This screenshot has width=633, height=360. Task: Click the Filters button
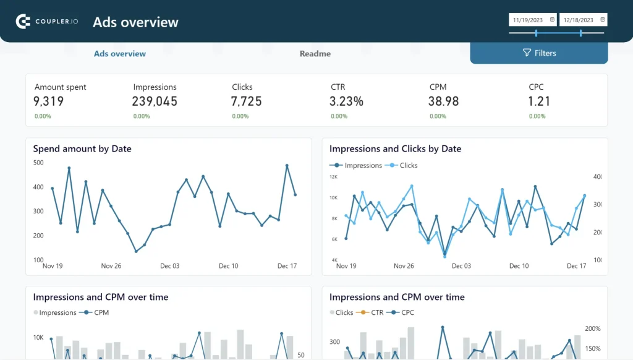(x=539, y=53)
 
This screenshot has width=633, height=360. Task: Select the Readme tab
(x=315, y=54)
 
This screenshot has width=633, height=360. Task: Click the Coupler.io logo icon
(x=23, y=22)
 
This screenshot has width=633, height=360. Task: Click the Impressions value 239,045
(x=155, y=101)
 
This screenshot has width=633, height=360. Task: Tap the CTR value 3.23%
(x=346, y=101)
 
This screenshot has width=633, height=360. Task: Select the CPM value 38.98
(x=444, y=101)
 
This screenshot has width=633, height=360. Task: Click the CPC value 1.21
(x=539, y=101)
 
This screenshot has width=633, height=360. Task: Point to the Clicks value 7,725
(x=247, y=101)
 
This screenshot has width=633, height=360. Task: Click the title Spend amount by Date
(x=82, y=148)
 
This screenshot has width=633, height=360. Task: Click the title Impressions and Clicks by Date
(x=395, y=148)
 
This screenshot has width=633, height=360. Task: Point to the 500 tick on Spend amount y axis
(x=38, y=163)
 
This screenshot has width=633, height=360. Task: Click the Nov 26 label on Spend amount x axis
(x=111, y=266)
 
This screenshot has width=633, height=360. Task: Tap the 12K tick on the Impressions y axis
(x=333, y=177)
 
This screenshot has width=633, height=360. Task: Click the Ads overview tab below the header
(x=120, y=54)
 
